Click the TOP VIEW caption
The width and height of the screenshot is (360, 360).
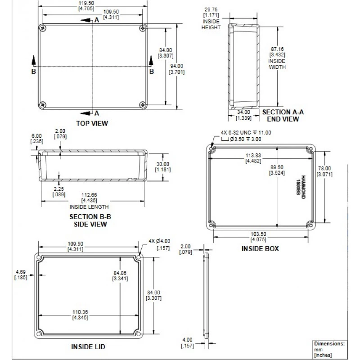92,123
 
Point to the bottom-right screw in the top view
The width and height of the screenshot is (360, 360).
143,104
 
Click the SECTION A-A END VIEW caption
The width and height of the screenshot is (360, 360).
283,116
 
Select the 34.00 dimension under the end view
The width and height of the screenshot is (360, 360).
243,112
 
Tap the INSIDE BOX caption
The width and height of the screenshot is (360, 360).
260,248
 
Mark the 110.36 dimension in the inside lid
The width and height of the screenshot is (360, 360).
80,312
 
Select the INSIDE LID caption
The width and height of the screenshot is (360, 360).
88,347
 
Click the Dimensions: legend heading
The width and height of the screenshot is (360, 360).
329,343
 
